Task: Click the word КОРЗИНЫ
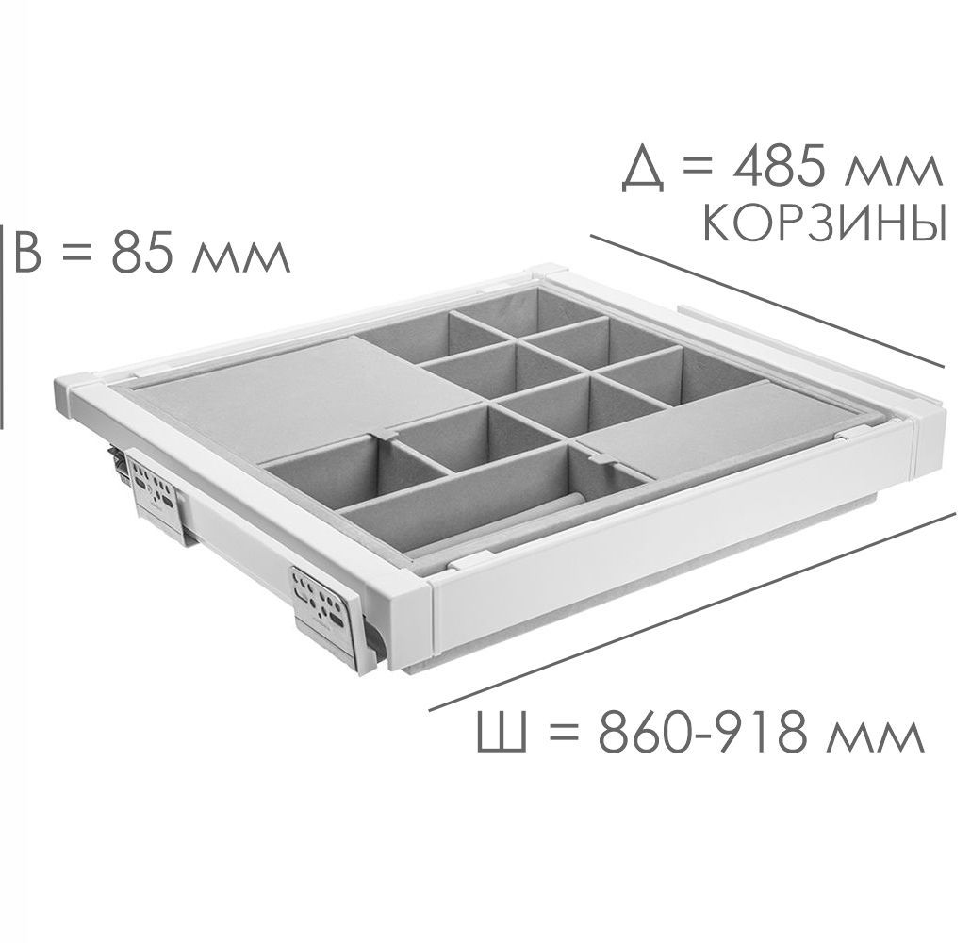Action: coord(825,223)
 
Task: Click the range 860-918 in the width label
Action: coord(703,733)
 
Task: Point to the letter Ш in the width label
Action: coord(502,733)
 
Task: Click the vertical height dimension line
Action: coord(2,326)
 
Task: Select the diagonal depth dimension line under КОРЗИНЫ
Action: coord(767,301)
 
